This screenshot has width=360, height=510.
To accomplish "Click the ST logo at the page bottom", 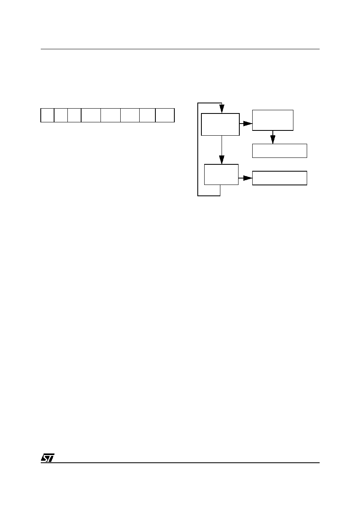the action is [48, 458].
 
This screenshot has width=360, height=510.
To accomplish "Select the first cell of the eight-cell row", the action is [47, 115].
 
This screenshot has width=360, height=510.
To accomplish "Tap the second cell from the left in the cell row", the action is [61, 115].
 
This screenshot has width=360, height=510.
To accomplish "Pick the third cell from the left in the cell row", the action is [74, 115].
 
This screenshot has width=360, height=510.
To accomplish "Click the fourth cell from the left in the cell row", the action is [91, 115].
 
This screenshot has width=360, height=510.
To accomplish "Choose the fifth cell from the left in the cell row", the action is [111, 115].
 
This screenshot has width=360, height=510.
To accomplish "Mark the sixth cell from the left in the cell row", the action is [130, 115].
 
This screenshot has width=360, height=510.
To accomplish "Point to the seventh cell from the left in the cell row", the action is [147, 115].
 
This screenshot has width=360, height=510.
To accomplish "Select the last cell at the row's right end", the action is [165, 115].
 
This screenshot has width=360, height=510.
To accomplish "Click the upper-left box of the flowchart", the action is [220, 124].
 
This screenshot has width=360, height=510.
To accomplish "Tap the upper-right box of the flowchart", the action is [272, 120].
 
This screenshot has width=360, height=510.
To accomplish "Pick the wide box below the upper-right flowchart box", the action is [279, 151].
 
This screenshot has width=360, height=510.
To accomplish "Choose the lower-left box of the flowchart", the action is [221, 174].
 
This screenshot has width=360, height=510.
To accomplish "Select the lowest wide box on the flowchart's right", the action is [279, 178].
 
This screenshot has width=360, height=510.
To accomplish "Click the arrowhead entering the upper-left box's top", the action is [222, 109].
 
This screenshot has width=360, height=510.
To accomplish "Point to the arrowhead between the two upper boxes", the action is [248, 124].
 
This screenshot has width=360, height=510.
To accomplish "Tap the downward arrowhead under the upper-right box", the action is [272, 139].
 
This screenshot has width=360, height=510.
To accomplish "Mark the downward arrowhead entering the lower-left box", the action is [222, 160].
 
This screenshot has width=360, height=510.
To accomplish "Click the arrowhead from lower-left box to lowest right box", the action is [248, 178].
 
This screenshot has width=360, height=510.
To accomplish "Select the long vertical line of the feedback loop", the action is [198, 149].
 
